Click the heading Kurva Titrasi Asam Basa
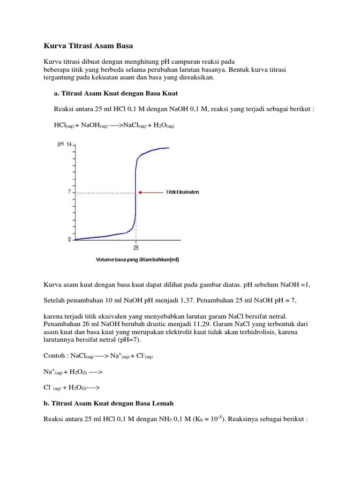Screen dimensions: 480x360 tap(88, 46)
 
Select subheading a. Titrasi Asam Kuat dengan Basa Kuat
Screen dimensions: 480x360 tap(116, 93)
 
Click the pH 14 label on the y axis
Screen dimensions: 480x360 tap(64, 144)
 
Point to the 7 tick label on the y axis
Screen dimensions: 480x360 tap(68, 192)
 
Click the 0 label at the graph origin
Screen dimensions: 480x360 tap(69, 240)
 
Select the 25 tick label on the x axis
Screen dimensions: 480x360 tap(136, 247)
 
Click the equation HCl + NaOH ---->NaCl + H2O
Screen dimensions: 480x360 tap(114, 125)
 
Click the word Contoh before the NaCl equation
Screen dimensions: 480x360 tap(54, 356)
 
